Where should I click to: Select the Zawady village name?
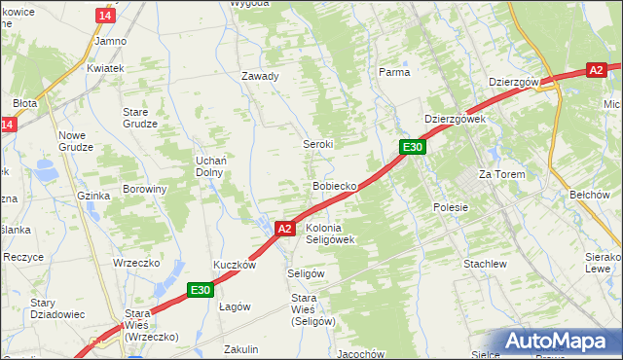point(260,76)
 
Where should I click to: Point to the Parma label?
point(393,72)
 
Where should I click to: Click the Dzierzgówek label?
point(455,119)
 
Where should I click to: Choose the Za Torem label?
point(501,174)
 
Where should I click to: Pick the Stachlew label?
point(485,264)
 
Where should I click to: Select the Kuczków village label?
point(235,265)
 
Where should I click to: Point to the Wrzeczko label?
point(135,263)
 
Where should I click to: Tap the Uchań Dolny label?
point(209,165)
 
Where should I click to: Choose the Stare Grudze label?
point(141,118)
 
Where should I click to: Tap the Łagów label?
point(235,306)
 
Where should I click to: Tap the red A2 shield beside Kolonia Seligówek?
point(283,229)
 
